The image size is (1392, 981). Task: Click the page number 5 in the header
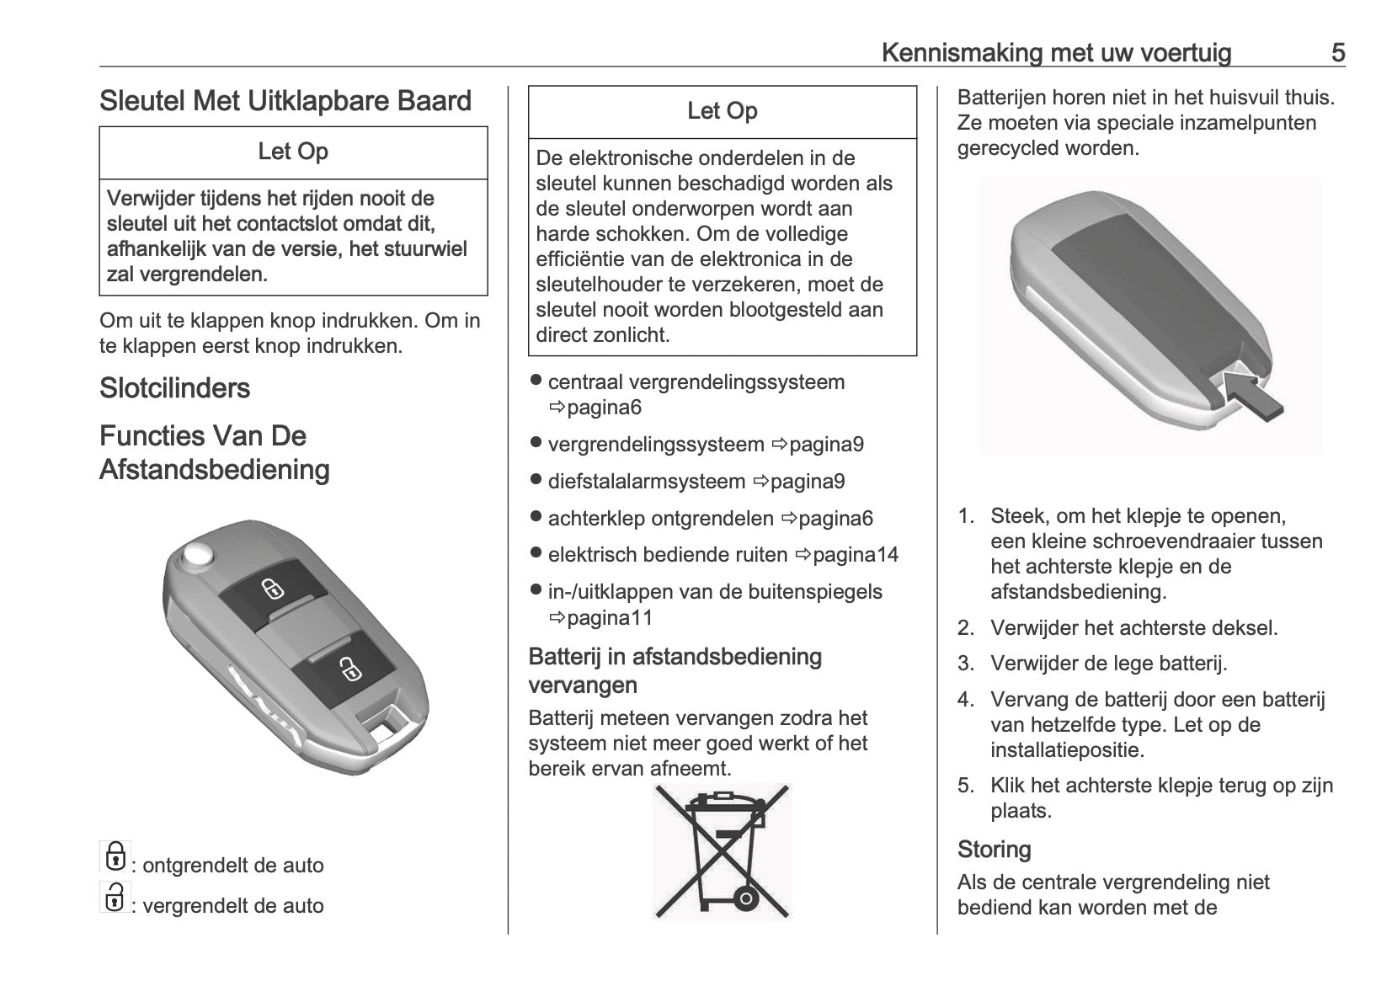[1337, 53]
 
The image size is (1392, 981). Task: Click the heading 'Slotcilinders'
[174, 388]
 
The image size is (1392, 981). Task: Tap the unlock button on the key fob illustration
[271, 589]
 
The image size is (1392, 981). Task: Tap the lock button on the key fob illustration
[347, 669]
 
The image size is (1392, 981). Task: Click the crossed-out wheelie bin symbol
[723, 850]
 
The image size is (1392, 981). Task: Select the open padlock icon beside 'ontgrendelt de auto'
[114, 856]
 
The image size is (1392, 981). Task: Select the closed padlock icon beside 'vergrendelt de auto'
[114, 897]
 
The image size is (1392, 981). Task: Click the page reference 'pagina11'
[610, 617]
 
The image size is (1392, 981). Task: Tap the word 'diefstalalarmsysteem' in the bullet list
[646, 482]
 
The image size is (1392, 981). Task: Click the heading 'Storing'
[994, 849]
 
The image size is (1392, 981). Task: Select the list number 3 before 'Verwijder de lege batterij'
[965, 664]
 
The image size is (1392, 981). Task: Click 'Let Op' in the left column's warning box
[293, 152]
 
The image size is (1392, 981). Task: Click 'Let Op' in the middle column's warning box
[722, 111]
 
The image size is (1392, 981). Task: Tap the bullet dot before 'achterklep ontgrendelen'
[535, 517]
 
